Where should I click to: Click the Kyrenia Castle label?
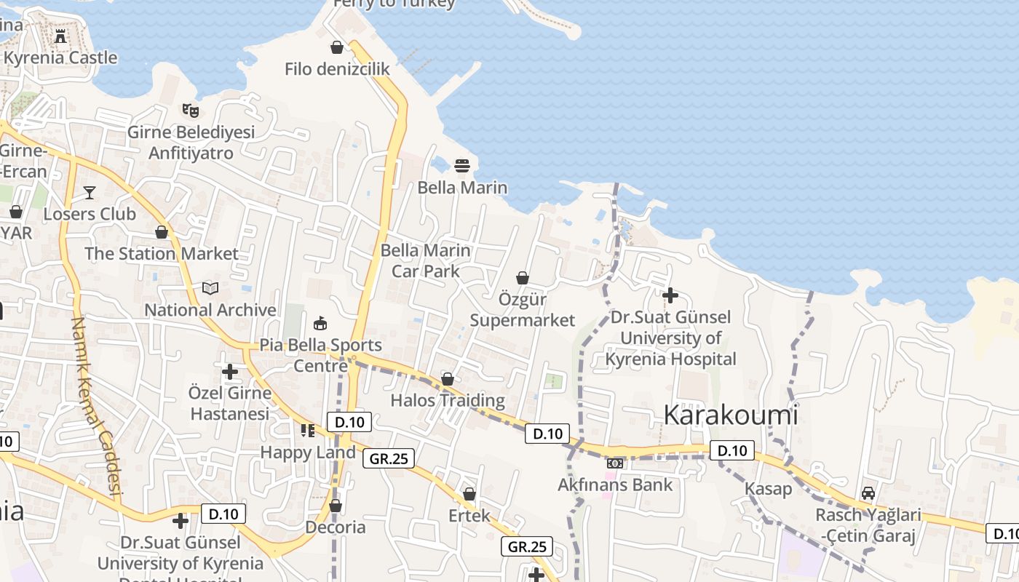pos(60,57)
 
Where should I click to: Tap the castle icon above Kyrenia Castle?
pos(60,36)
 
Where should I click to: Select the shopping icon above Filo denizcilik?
pos(337,47)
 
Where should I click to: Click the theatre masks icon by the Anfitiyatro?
pos(191,111)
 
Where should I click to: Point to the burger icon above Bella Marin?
pos(462,166)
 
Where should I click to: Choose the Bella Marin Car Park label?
pos(426,260)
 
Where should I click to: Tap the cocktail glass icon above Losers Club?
pos(90,193)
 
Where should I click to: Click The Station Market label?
pos(162,254)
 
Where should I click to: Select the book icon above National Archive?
pos(210,289)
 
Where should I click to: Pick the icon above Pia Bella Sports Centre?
pos(320,323)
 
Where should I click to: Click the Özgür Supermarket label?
pos(523,310)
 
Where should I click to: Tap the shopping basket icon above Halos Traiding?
pos(448,379)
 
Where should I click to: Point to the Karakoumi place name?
pos(731,415)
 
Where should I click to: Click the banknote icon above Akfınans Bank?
pos(615,463)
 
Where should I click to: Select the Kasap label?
pos(768,489)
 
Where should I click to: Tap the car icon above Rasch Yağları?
pos(868,493)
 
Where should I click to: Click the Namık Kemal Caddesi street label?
pos(96,407)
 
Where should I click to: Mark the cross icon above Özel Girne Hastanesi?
pos(230,372)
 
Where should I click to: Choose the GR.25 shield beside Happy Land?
pos(389,458)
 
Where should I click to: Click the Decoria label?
pos(336,527)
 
